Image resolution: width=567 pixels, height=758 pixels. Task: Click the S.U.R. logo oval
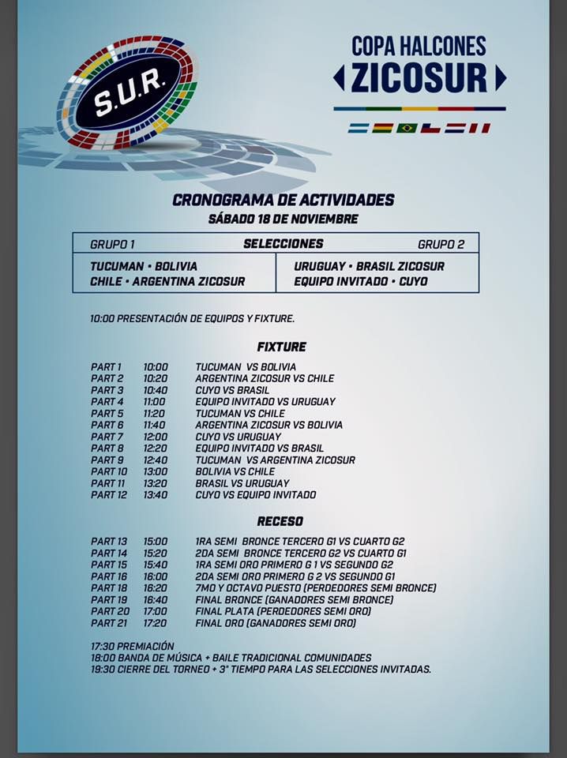(x=127, y=92)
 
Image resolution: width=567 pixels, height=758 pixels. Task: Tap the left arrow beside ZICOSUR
(x=339, y=77)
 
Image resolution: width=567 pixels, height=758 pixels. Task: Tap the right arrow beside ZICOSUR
(x=500, y=77)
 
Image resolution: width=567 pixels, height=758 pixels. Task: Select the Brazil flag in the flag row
(x=407, y=128)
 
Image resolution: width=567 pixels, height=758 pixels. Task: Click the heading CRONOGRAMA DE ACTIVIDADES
(x=283, y=201)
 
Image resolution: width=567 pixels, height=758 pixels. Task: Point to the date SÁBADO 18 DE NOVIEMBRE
(x=283, y=219)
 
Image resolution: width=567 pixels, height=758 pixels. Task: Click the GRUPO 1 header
(x=112, y=245)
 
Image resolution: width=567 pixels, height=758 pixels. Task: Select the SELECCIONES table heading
(x=283, y=244)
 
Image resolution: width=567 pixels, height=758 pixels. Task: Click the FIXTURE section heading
(x=281, y=347)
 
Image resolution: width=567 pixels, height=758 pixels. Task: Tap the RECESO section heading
(x=280, y=521)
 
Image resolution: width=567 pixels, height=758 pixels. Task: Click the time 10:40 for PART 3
(x=156, y=390)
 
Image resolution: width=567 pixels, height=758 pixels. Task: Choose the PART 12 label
(x=108, y=495)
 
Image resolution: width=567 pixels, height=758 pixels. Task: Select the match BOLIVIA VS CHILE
(x=235, y=471)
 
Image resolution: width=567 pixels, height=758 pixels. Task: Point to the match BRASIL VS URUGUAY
(x=242, y=483)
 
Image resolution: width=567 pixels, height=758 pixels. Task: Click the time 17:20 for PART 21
(x=156, y=623)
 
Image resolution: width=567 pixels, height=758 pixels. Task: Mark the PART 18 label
(x=108, y=588)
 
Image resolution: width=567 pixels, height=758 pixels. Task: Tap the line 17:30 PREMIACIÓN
(x=132, y=646)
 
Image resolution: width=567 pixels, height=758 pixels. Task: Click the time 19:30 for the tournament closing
(x=103, y=670)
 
